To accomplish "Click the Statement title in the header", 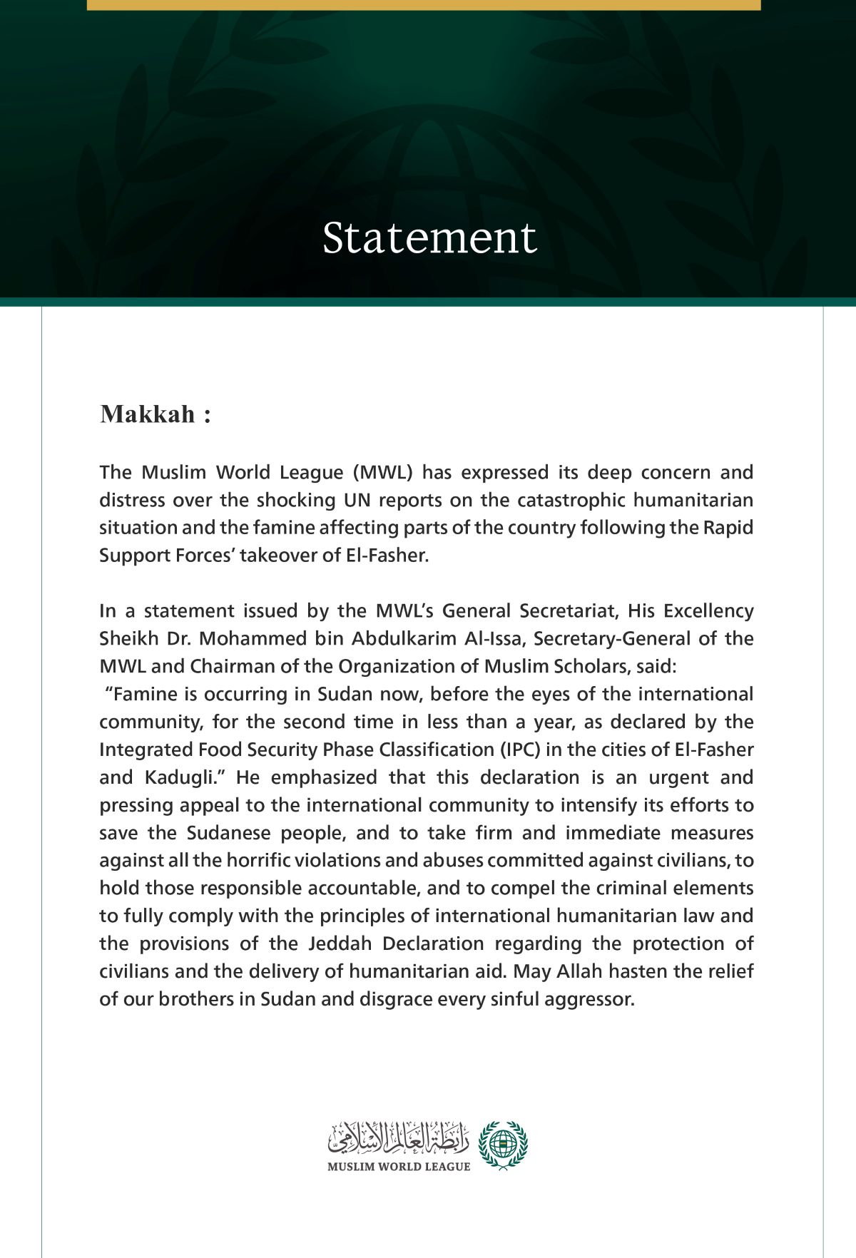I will click(x=429, y=237).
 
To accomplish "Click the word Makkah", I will click(x=148, y=414).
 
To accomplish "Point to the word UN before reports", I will click(x=357, y=501).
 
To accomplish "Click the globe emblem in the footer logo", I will click(x=502, y=1143).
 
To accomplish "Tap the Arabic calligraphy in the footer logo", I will click(x=398, y=1138).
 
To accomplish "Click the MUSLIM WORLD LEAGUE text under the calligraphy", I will click(x=399, y=1167).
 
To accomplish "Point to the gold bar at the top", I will click(x=424, y=4).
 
